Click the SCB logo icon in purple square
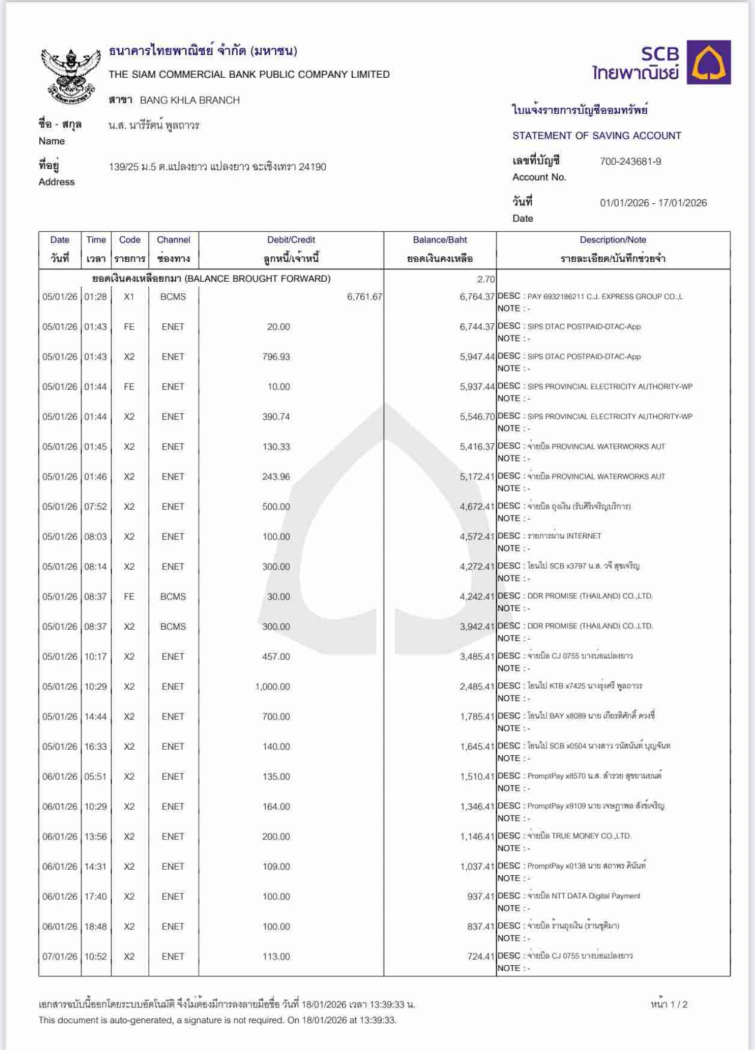point(709,62)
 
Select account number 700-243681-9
point(630,162)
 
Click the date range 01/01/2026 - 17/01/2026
point(653,203)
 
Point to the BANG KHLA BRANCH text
point(189,101)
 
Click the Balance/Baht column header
point(440,240)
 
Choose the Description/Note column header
point(613,240)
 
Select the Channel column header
point(173,240)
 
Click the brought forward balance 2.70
point(485,279)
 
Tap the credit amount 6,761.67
point(364,297)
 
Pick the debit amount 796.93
point(276,357)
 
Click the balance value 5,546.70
point(477,417)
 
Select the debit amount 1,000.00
point(272,687)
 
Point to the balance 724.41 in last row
point(480,957)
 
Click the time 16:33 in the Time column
point(95,747)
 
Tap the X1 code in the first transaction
point(129,297)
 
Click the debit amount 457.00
point(276,657)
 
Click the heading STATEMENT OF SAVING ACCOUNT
point(596,136)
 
